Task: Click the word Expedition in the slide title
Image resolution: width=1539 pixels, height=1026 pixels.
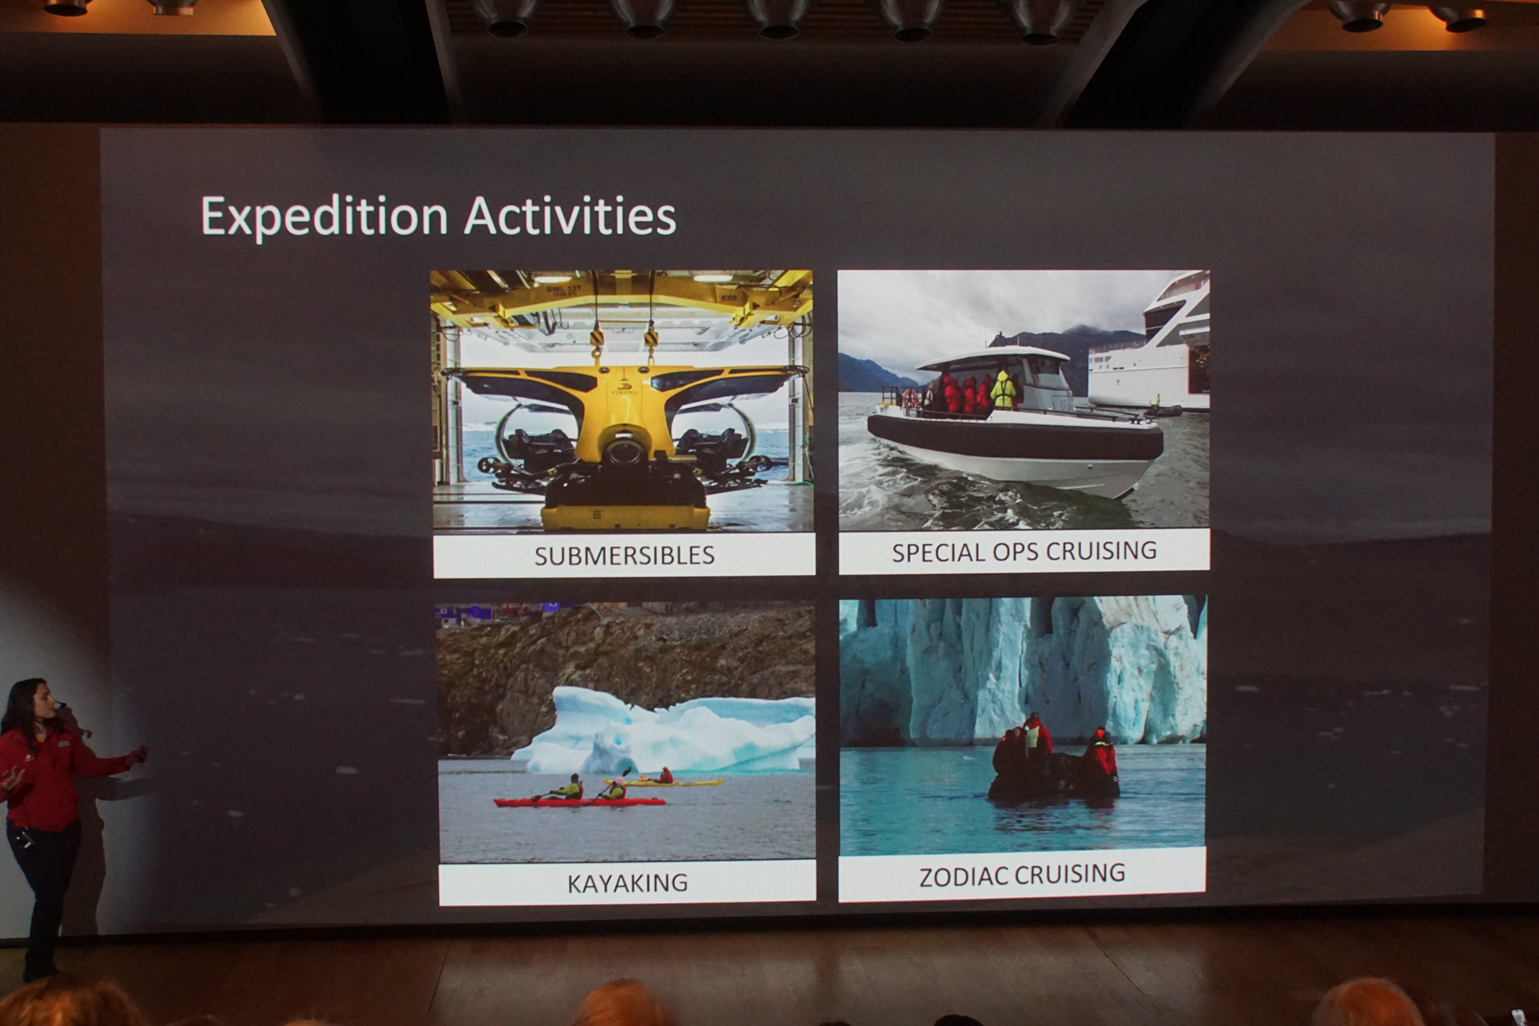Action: coord(324,216)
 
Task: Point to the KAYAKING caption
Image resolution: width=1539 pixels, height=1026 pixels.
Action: coord(627,883)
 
